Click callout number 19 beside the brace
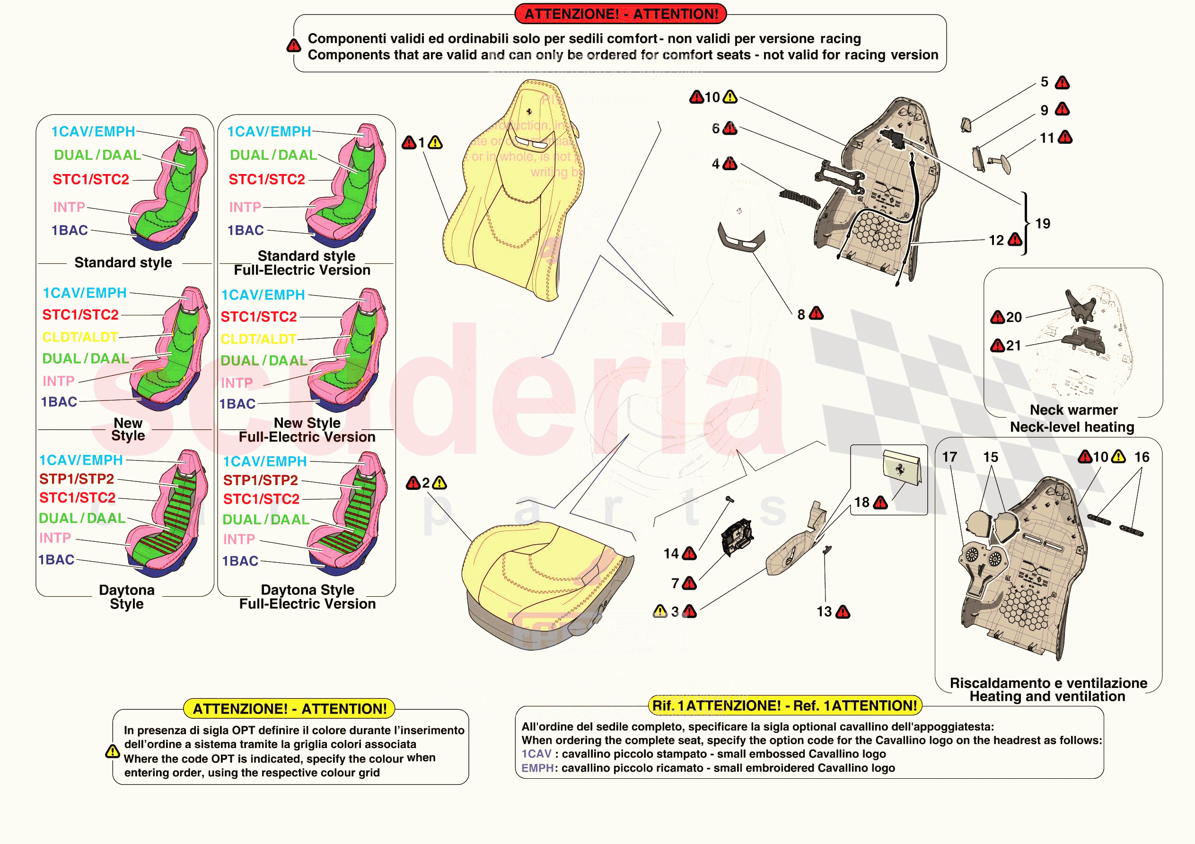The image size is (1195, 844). point(1042,224)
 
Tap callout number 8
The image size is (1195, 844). point(801,314)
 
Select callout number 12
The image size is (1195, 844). point(996,240)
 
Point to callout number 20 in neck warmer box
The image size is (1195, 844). point(1013,317)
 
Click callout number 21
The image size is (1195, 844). point(1013,345)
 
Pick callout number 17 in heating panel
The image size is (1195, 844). point(949,457)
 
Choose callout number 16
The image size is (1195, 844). point(1142,457)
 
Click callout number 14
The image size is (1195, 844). point(671,553)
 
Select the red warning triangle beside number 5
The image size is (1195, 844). point(1062,83)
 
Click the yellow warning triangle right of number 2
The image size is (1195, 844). point(440,483)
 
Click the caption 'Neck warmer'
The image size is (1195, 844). point(1073,410)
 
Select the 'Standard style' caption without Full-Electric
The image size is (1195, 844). point(123,262)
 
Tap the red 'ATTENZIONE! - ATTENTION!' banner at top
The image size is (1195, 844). point(620,14)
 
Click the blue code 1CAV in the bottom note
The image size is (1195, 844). point(536,754)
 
